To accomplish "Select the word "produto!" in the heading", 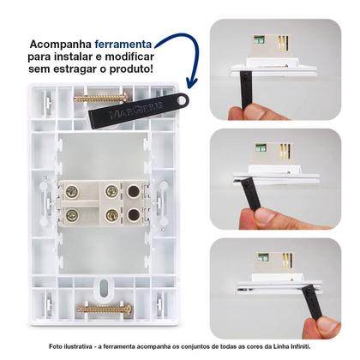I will (x=134, y=68).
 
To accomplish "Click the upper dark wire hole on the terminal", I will (x=134, y=190).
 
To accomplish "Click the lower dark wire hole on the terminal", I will (x=134, y=214).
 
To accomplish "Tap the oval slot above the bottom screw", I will (x=103, y=285).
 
